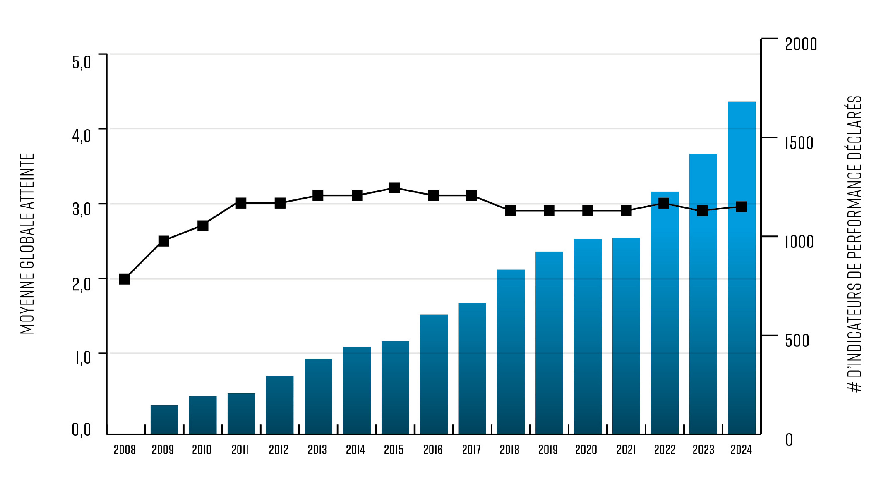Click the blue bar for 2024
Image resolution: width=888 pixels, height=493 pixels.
pos(741,269)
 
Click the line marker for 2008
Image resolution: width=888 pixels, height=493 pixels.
pos(124,279)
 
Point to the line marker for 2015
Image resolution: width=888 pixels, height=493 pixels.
pos(395,188)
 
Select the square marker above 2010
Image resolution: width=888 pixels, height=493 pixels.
pos(203,226)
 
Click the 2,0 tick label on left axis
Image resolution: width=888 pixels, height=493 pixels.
pos(81,284)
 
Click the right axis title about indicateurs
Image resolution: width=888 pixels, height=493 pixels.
pos(854,244)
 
